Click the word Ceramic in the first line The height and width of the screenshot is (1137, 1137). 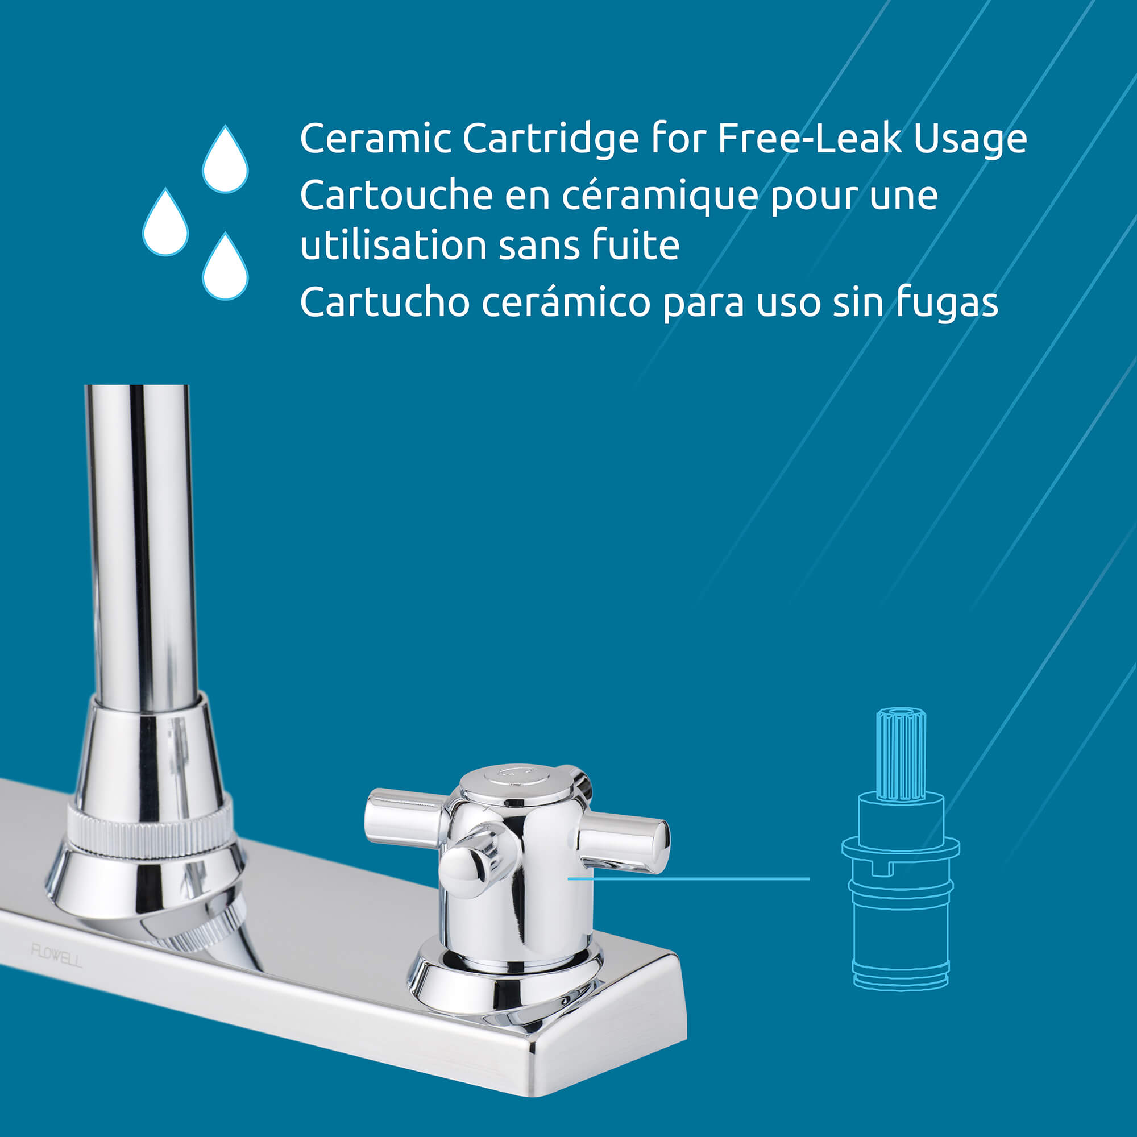click(x=375, y=139)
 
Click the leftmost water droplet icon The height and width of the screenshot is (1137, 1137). click(x=165, y=222)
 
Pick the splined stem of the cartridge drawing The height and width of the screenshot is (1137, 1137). click(x=901, y=755)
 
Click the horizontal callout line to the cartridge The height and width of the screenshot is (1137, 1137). click(x=688, y=879)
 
